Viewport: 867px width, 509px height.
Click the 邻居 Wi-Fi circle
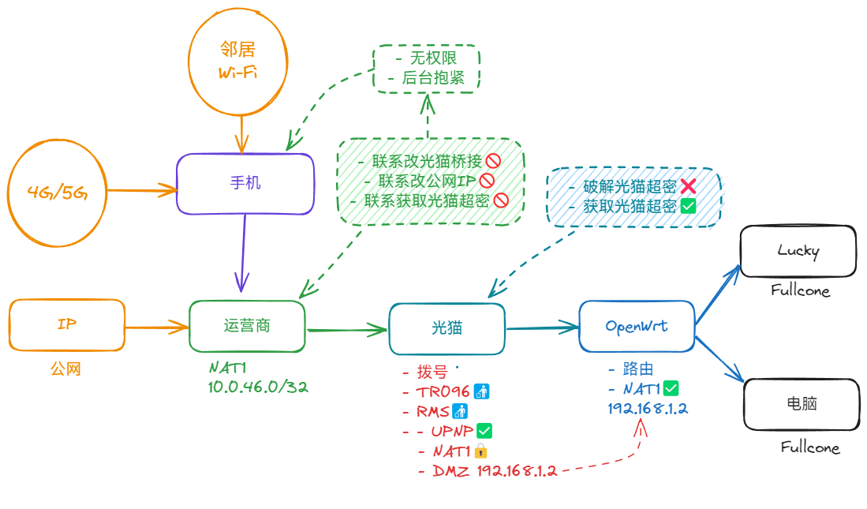tap(237, 62)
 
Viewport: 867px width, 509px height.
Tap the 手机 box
tap(245, 184)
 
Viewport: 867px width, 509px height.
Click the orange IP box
tap(67, 324)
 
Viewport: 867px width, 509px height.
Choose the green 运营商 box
tap(247, 326)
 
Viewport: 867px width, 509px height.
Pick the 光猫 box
tap(447, 328)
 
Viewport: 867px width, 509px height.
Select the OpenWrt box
tap(637, 326)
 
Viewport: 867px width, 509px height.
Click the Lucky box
tap(798, 252)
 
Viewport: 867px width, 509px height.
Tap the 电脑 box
tap(802, 404)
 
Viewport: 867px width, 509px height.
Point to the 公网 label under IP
tap(65, 369)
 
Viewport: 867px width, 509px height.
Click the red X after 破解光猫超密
tap(687, 186)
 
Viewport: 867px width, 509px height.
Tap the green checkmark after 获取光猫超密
tap(687, 207)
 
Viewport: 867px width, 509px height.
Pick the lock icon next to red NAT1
tap(480, 451)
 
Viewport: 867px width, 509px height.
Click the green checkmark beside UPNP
tap(484, 431)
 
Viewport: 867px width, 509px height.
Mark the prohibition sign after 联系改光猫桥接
tap(493, 162)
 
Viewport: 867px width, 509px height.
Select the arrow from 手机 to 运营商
tap(242, 253)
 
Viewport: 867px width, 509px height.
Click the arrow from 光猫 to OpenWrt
tap(542, 327)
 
